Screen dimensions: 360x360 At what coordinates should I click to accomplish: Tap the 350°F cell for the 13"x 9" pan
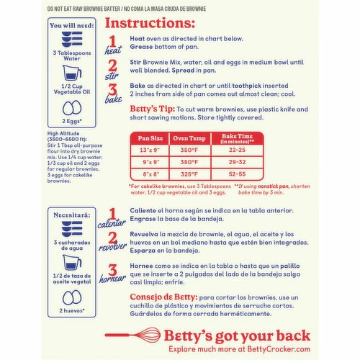(x=189, y=149)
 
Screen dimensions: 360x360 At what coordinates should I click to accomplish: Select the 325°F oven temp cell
(x=189, y=174)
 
